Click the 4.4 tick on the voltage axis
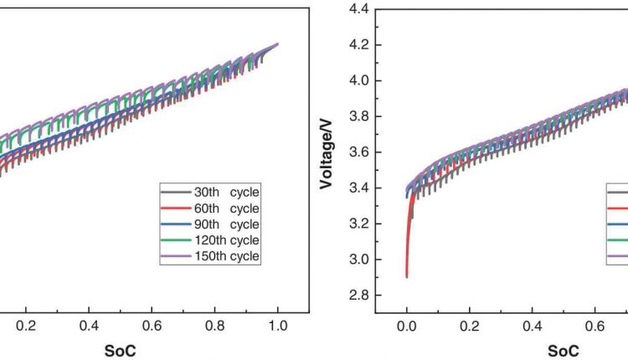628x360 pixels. point(360,9)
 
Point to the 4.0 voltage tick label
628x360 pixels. point(360,81)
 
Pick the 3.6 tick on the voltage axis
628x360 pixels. point(360,152)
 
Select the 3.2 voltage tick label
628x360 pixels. point(360,224)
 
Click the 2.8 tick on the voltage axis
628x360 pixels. point(360,296)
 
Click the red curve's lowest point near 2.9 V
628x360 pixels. point(407,276)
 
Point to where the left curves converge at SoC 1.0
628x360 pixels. point(277,44)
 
